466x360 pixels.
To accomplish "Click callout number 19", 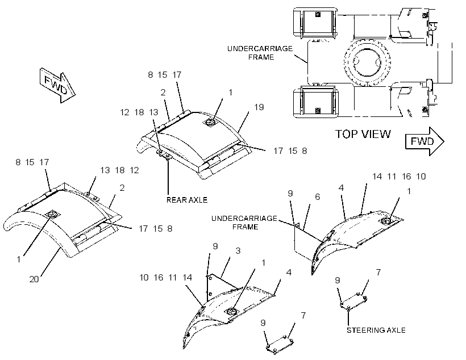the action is click(x=259, y=107).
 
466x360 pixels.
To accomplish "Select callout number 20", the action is click(x=34, y=279).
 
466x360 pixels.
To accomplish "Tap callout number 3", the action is click(x=238, y=250).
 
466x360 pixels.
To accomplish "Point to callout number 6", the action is click(x=318, y=196).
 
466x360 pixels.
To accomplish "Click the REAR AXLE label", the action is click(x=186, y=200).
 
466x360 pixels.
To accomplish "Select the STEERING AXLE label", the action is click(x=376, y=330).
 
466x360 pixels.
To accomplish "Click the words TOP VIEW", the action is click(x=363, y=134).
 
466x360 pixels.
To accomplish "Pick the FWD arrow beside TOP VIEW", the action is click(x=425, y=141).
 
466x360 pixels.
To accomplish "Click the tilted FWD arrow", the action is click(x=57, y=85).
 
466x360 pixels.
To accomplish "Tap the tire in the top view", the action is click(x=368, y=62).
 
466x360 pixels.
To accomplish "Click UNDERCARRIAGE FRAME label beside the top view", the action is click(x=260, y=53).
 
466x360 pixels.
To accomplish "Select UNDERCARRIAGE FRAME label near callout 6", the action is click(x=244, y=223).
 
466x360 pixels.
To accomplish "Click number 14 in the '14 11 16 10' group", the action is click(x=377, y=177).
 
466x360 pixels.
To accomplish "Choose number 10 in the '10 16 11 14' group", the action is click(x=144, y=278).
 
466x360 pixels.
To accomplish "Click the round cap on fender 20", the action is click(x=53, y=215).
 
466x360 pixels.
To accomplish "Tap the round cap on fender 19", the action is click(x=211, y=122).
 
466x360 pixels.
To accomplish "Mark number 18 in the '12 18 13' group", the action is click(x=139, y=112).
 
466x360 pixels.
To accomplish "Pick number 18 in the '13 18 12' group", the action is click(x=120, y=170).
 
